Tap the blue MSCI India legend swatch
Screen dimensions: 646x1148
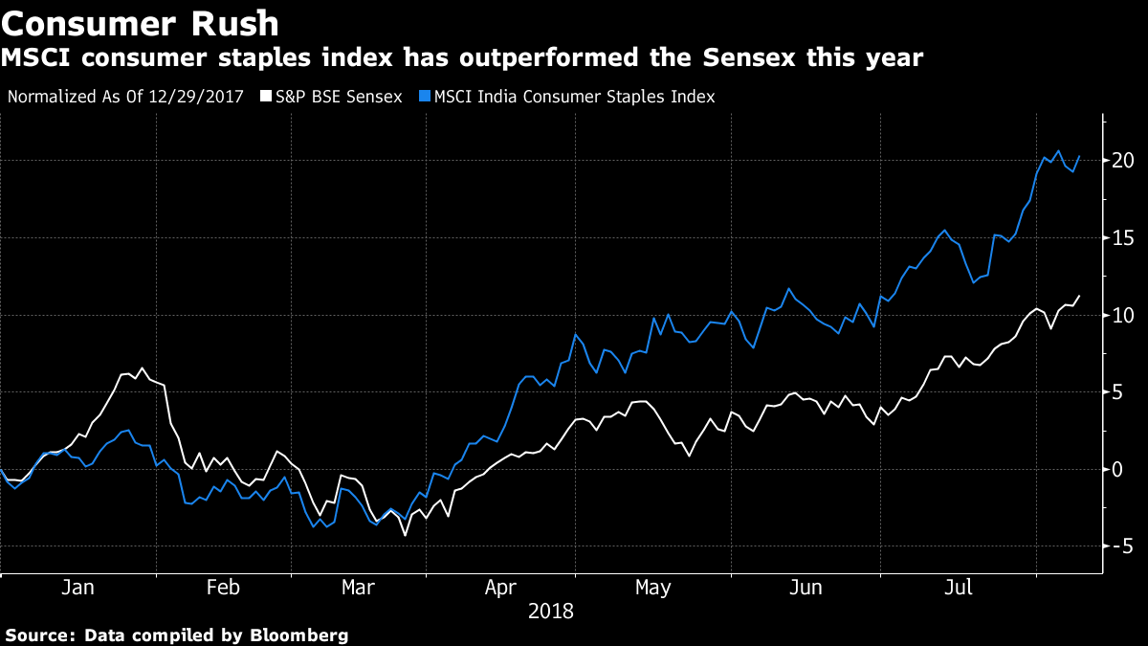(x=424, y=97)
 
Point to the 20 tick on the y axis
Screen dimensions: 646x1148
(x=1123, y=160)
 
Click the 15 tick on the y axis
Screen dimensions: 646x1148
(x=1123, y=237)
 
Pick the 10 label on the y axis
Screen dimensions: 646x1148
(x=1123, y=315)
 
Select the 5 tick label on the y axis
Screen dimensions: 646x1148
(x=1117, y=392)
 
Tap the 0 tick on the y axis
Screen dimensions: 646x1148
(x=1117, y=469)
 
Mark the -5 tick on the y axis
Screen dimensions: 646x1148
(x=1120, y=546)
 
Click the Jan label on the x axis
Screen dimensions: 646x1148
(x=77, y=588)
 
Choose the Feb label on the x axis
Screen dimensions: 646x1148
(x=223, y=588)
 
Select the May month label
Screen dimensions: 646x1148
(x=653, y=588)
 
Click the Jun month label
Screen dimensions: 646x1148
(x=806, y=588)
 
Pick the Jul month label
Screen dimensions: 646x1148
(x=957, y=588)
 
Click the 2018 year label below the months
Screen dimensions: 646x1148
(x=551, y=611)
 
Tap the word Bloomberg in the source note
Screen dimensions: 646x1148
(x=299, y=635)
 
